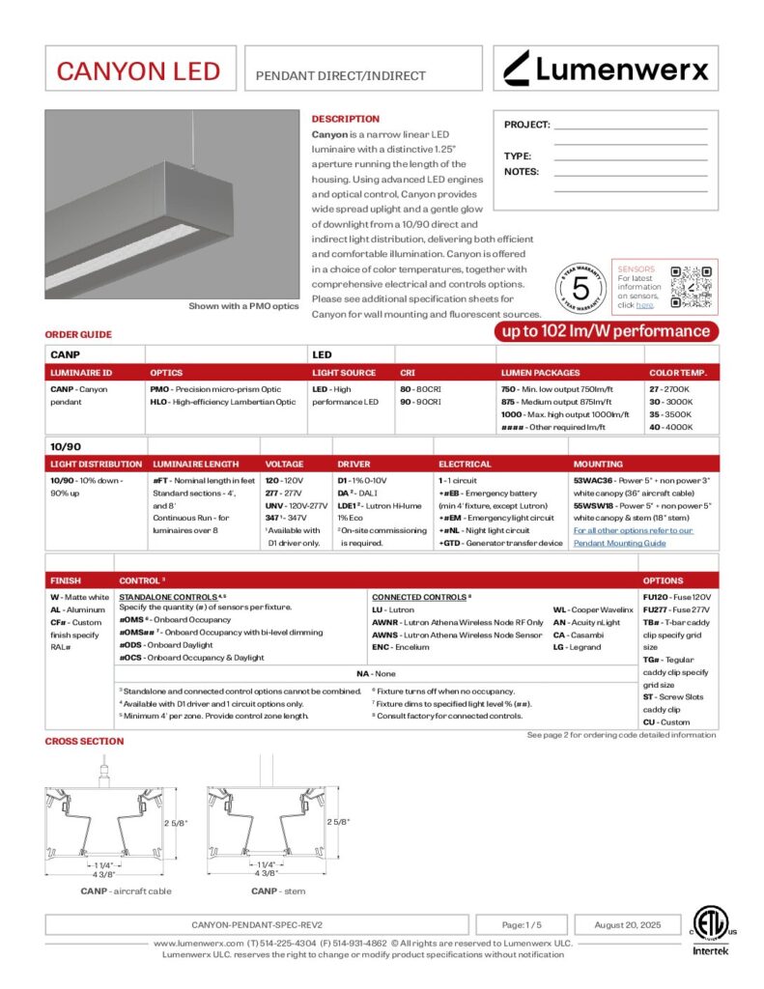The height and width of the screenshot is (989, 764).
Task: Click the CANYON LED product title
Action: [x=138, y=71]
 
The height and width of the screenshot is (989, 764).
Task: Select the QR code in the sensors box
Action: [x=689, y=286]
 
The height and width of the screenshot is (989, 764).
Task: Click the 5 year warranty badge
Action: [x=580, y=288]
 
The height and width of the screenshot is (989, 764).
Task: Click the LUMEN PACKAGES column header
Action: [x=540, y=372]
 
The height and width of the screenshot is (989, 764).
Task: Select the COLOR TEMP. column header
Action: [x=677, y=372]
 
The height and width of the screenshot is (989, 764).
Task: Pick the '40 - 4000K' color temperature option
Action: [x=669, y=427]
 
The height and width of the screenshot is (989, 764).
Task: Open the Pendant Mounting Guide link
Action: [x=633, y=536]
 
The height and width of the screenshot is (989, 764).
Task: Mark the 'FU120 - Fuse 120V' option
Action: [x=676, y=598]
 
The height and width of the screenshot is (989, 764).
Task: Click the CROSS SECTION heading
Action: [x=84, y=741]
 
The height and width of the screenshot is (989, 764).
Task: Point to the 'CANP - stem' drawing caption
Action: [x=278, y=890]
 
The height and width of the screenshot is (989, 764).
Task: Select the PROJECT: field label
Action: [x=526, y=125]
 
